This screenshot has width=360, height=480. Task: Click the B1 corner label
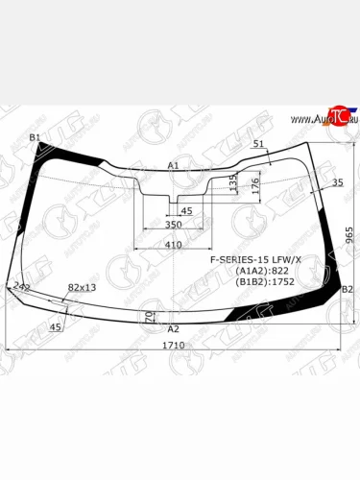(x=35, y=138)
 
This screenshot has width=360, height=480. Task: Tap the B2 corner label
(x=347, y=290)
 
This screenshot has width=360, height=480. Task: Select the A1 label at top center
(x=173, y=166)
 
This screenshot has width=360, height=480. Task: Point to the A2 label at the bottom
(x=174, y=328)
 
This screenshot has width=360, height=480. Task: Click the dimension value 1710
(x=174, y=345)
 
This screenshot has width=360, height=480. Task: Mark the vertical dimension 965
(x=349, y=234)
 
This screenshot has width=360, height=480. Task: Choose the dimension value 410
(x=172, y=245)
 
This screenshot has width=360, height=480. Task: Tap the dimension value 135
(x=233, y=182)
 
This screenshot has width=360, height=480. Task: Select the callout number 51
(x=257, y=144)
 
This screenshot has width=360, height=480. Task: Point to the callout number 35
(x=337, y=182)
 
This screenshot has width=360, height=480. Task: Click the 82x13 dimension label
(x=82, y=287)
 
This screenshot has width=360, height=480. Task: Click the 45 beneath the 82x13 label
(x=55, y=327)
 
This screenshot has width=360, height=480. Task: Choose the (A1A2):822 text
(x=260, y=272)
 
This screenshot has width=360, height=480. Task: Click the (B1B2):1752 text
(x=263, y=283)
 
